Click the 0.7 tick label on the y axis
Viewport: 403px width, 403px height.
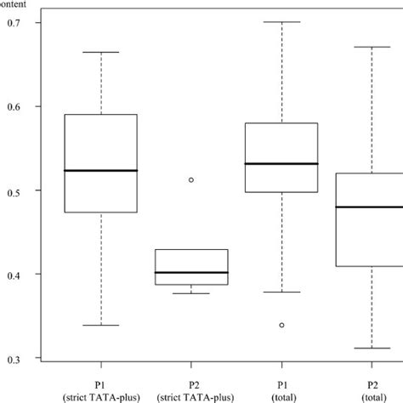tap(13, 22)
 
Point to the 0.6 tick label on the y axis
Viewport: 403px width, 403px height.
tap(13, 106)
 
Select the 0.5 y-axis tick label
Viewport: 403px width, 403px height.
tap(13, 190)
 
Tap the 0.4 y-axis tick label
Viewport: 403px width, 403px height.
tap(13, 275)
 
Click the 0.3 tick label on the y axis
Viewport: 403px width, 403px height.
tap(13, 359)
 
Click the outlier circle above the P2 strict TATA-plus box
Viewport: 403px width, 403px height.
tap(191, 180)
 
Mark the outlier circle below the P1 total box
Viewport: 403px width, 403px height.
tap(281, 325)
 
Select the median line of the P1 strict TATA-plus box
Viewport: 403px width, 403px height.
tap(101, 171)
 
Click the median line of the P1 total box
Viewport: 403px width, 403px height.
tap(281, 163)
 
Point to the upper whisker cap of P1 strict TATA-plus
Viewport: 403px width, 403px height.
tap(101, 53)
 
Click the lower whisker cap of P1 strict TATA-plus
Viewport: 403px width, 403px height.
tap(101, 325)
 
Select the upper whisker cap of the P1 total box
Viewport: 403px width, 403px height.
tap(281, 22)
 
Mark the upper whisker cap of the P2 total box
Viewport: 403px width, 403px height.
tap(372, 47)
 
